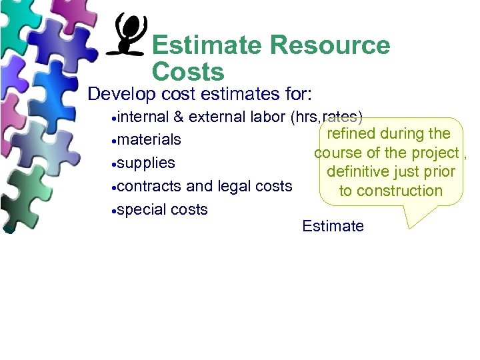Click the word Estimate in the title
[x=207, y=46]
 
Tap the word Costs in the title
[x=188, y=71]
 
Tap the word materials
[x=149, y=140]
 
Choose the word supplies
[x=146, y=163]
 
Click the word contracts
[x=149, y=186]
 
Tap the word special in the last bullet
[x=139, y=209]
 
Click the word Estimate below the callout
[x=333, y=226]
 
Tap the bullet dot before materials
[x=115, y=141]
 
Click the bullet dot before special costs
[x=115, y=211]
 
